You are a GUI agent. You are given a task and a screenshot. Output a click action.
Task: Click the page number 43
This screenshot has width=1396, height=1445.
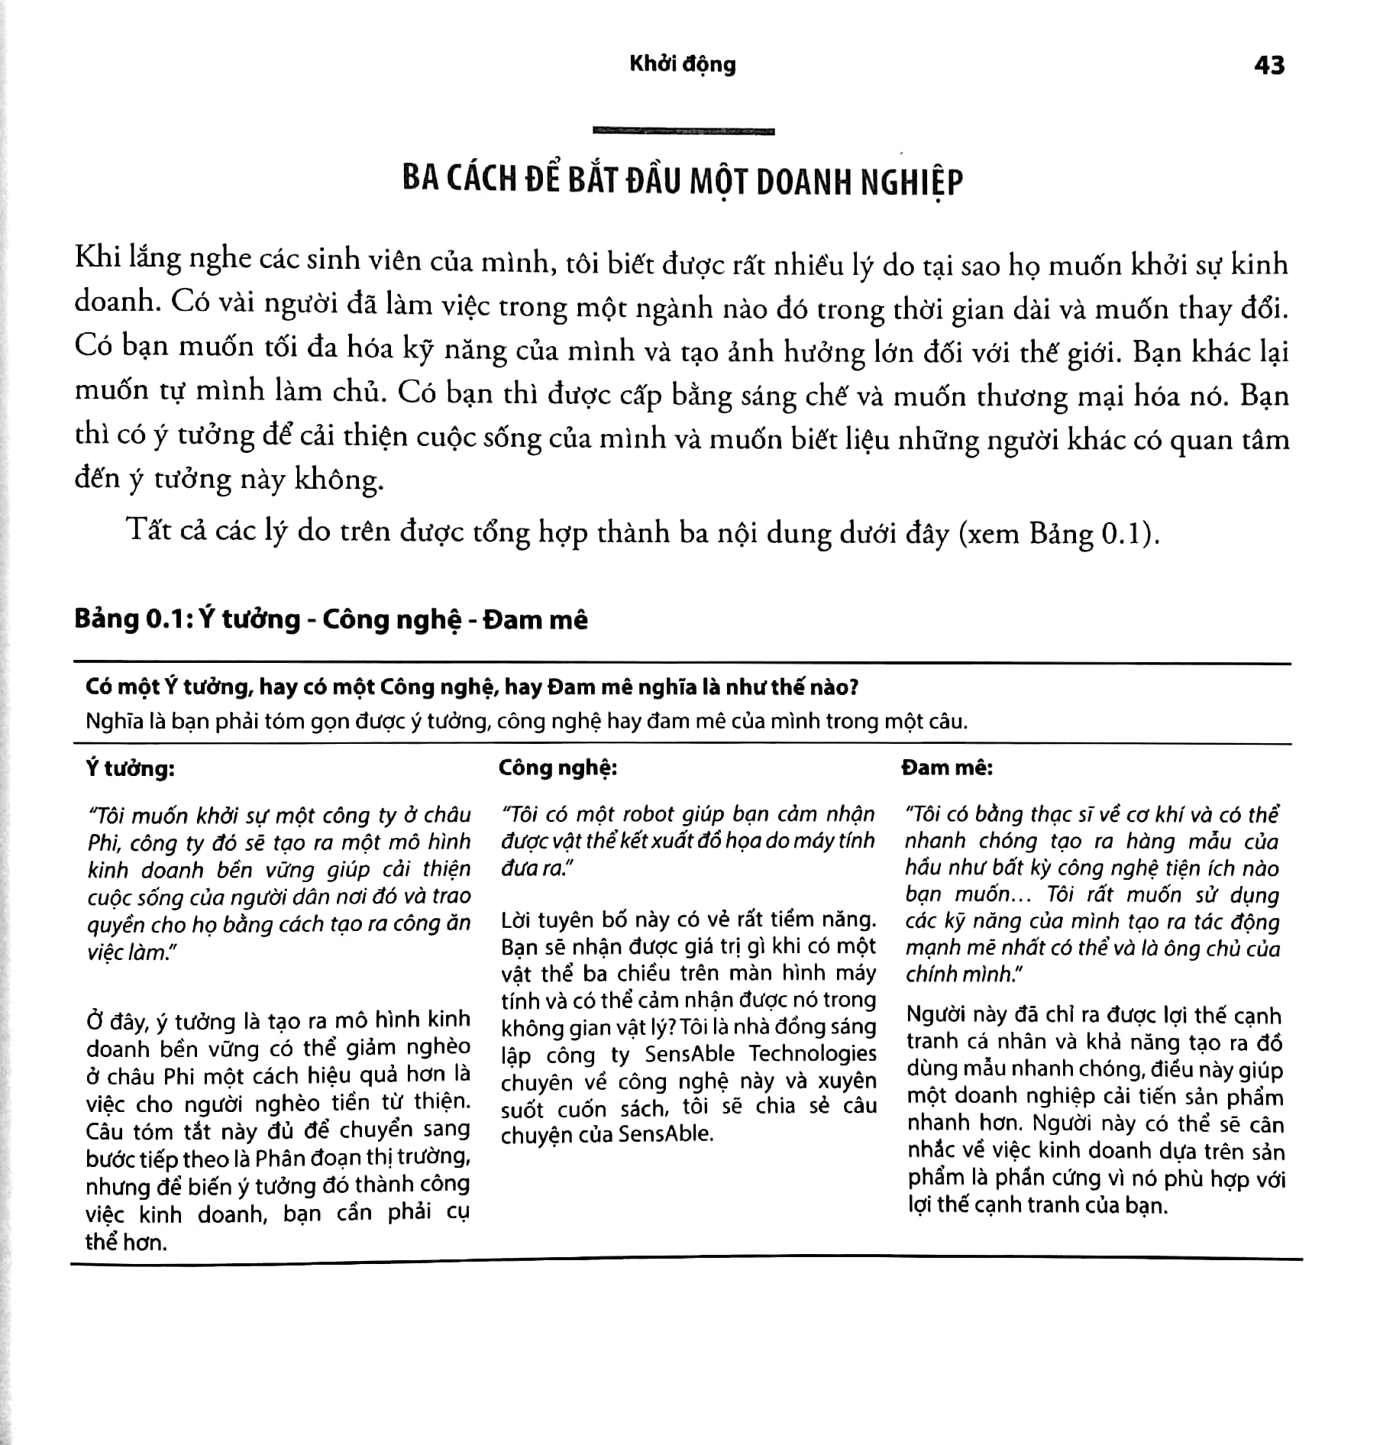point(1268,66)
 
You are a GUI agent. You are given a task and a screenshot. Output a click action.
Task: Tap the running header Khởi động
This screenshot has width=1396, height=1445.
point(682,65)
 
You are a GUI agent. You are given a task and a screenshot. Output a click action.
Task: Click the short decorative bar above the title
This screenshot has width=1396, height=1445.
point(683,131)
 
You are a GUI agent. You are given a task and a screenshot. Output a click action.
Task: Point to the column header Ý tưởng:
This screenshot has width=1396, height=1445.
point(130,768)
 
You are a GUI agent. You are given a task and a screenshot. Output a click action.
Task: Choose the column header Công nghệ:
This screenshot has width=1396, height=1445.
point(557,767)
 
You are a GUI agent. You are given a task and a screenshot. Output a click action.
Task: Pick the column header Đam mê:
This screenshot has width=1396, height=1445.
point(947,767)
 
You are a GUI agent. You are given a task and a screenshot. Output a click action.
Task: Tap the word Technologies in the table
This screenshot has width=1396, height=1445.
point(813,1054)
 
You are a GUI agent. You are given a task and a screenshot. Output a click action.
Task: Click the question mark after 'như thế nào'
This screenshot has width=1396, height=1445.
point(853,687)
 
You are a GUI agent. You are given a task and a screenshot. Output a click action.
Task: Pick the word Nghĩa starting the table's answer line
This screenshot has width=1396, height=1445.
point(115,721)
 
